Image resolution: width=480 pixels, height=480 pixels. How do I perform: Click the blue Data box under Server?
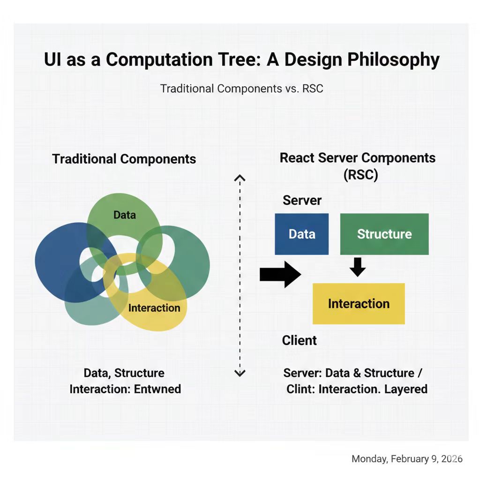301,234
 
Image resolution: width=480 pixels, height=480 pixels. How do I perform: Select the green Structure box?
384,234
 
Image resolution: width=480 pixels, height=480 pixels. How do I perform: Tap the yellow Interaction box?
359,303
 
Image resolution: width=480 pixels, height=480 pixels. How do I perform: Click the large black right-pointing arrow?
280,274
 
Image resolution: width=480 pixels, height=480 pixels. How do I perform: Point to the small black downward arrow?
358,266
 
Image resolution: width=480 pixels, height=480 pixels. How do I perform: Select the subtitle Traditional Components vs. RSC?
241,88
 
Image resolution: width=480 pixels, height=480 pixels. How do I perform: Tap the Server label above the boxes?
302,200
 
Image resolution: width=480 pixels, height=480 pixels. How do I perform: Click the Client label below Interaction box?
299,340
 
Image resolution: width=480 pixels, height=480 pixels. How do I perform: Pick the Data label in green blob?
124,215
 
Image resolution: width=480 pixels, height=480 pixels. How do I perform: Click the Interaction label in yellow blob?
154,308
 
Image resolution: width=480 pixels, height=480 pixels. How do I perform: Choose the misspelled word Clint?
300,389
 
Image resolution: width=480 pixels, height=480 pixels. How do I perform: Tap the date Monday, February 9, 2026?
407,459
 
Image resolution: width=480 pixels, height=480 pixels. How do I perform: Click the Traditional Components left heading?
124,159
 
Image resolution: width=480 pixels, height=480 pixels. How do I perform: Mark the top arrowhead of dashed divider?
240,178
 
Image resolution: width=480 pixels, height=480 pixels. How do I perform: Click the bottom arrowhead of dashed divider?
240,374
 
